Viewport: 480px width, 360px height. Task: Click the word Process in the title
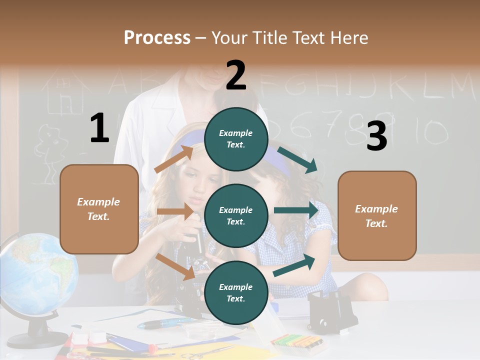[157, 37]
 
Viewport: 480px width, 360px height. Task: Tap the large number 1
[99, 128]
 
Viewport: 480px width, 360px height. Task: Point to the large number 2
[236, 75]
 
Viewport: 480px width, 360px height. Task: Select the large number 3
[376, 136]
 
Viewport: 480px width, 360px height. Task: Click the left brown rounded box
[99, 209]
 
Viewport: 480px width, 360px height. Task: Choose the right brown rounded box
[377, 215]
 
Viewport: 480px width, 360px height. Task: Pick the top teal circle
[236, 139]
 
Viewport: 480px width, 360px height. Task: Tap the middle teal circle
[236, 215]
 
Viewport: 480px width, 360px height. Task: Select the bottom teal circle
[236, 292]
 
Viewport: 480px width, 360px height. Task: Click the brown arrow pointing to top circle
[174, 158]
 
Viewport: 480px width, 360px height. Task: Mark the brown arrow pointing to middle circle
[175, 211]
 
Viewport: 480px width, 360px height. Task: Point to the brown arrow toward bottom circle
[175, 266]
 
